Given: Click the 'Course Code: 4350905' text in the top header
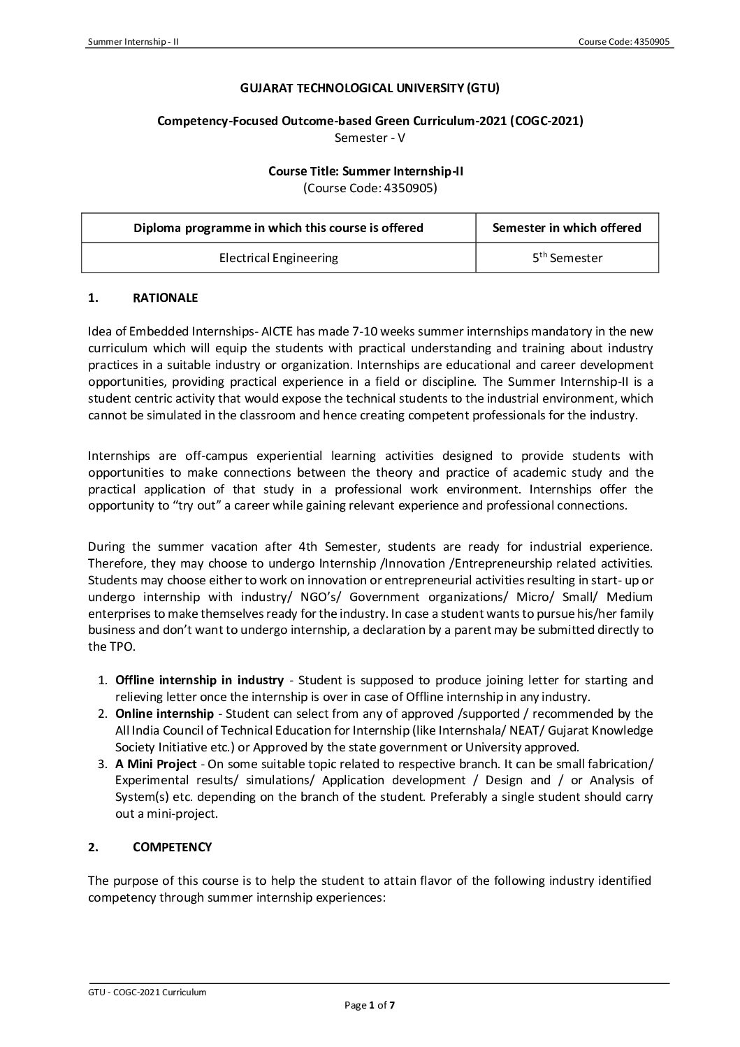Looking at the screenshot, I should (624, 42).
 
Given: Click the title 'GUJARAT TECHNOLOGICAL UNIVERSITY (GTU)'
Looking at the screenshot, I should (370, 88).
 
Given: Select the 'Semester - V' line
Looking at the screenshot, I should (370, 138).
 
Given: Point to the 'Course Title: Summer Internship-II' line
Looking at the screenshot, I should (370, 171).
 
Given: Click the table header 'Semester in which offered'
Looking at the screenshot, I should (567, 228).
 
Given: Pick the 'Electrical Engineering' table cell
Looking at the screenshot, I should (278, 258).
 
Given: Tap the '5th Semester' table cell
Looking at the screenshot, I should (567, 258).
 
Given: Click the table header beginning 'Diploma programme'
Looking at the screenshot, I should (278, 228).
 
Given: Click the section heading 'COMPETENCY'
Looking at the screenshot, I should (172, 847).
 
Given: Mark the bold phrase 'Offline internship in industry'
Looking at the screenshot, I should (199, 680).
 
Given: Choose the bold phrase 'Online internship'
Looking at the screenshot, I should (164, 714).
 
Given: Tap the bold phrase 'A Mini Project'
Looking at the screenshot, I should (156, 763).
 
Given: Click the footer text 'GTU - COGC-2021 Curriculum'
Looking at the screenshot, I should (147, 992).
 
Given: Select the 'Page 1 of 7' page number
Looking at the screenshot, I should (370, 1006).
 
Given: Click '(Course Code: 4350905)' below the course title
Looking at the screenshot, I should (370, 187).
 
